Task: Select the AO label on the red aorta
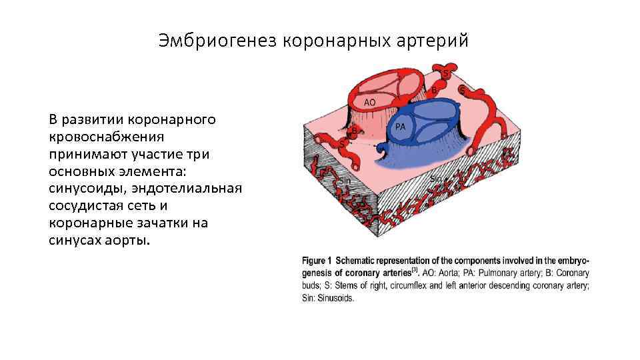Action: pyautogui.click(x=369, y=102)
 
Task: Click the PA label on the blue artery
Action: pyautogui.click(x=401, y=126)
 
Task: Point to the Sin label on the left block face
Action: pyautogui.click(x=345, y=180)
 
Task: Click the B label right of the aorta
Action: pyautogui.click(x=435, y=89)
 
